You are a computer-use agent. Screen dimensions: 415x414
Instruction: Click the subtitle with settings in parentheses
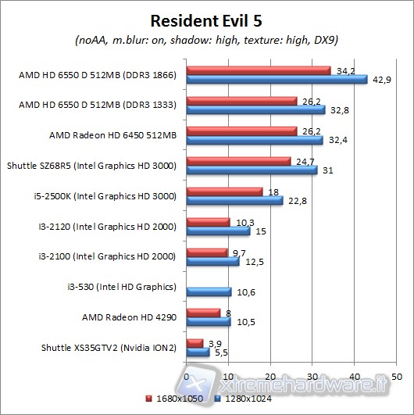click(x=207, y=40)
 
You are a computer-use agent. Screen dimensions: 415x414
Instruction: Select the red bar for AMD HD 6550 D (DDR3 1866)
click(x=259, y=71)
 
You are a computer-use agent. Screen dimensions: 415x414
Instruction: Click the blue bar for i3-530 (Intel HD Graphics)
click(x=209, y=292)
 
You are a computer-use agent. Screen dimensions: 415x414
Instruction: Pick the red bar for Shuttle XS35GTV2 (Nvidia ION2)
click(x=195, y=343)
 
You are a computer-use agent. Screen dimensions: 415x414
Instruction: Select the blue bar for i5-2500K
click(x=234, y=200)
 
